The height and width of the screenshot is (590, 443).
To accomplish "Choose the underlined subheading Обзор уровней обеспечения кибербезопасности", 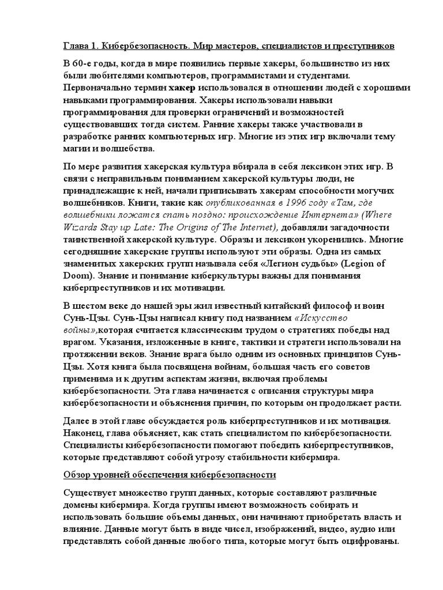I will [169, 476].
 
